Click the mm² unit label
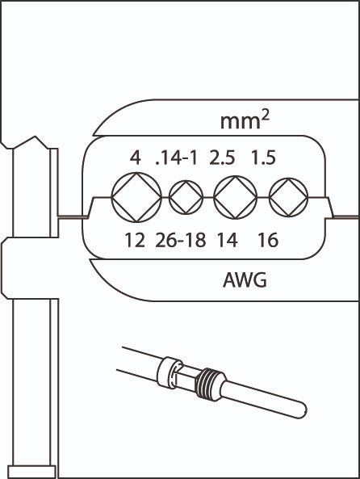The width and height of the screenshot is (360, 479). (245, 120)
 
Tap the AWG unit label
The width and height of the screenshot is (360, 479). (245, 279)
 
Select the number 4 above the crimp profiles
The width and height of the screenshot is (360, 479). (136, 158)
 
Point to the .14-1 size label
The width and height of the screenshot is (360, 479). (177, 158)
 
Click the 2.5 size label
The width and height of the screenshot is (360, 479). (222, 158)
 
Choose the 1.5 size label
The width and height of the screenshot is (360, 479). (263, 158)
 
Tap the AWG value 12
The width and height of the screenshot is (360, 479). (135, 240)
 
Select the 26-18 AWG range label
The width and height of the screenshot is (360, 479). (181, 240)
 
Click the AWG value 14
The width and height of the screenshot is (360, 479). (228, 240)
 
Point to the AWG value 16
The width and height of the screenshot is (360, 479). (268, 240)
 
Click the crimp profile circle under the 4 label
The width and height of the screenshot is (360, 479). (111, 197)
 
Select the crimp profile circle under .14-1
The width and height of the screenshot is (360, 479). (170, 197)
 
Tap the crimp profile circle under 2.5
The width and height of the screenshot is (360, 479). (214, 197)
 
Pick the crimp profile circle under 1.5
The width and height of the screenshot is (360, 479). (270, 197)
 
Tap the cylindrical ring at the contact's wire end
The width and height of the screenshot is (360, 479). (170, 372)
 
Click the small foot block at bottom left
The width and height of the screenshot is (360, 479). (31, 472)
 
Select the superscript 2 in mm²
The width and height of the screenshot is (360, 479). (265, 116)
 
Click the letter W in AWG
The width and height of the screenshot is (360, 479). (245, 279)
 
